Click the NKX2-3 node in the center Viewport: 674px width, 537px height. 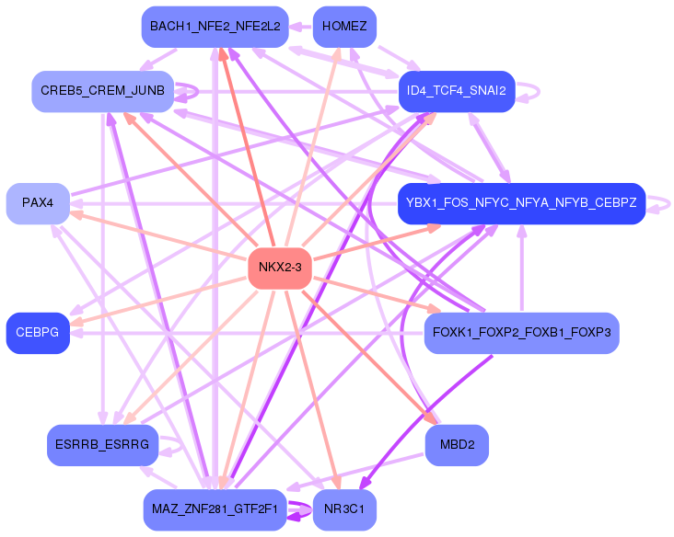(280, 268)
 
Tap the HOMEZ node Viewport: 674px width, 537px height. (344, 27)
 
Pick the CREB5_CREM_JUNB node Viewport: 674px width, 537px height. (102, 91)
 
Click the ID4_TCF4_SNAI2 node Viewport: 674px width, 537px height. (457, 91)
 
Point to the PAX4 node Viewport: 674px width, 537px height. (38, 203)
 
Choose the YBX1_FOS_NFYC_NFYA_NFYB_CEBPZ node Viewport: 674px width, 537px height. (521, 203)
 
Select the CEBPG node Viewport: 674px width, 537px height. (38, 333)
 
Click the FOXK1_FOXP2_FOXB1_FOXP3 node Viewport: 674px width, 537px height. (521, 333)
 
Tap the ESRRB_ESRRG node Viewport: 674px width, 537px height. (102, 445)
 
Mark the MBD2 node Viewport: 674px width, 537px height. (457, 445)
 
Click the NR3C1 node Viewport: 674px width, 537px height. (344, 509)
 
